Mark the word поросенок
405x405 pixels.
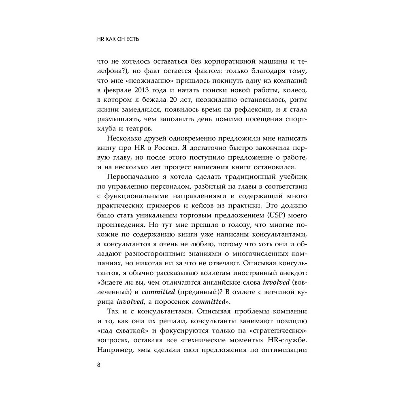(x=169, y=302)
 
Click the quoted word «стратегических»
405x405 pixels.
(x=280, y=328)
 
